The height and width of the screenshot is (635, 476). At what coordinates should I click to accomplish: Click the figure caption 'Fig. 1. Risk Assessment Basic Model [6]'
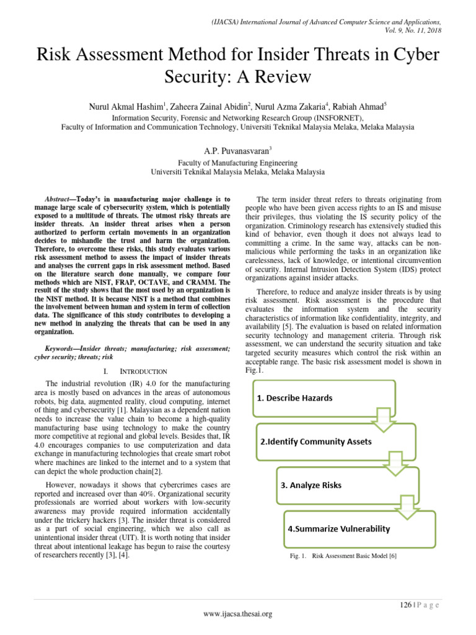click(343, 557)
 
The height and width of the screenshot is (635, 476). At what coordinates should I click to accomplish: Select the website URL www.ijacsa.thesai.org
click(237, 614)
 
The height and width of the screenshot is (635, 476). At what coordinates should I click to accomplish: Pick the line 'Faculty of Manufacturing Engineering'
click(238, 162)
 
